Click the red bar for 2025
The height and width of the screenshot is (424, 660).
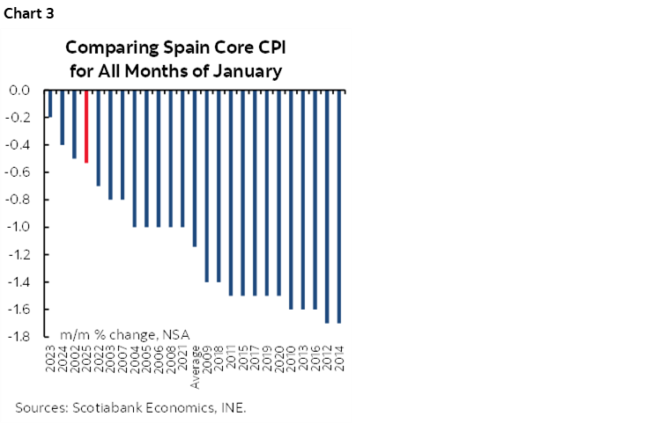pyautogui.click(x=86, y=127)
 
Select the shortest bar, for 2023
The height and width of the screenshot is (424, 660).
pyautogui.click(x=50, y=104)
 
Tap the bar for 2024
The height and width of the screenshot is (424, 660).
pyautogui.click(x=63, y=117)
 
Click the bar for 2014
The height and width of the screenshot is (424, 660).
pyautogui.click(x=339, y=207)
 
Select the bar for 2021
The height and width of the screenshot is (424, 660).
pyautogui.click(x=182, y=158)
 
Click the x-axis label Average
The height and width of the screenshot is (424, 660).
pyautogui.click(x=195, y=369)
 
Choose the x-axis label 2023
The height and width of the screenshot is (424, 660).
pyautogui.click(x=50, y=360)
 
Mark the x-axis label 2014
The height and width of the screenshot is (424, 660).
pyautogui.click(x=339, y=360)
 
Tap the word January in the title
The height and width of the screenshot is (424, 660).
pyautogui.click(x=247, y=71)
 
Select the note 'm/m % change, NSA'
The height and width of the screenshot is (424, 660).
pyautogui.click(x=124, y=334)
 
